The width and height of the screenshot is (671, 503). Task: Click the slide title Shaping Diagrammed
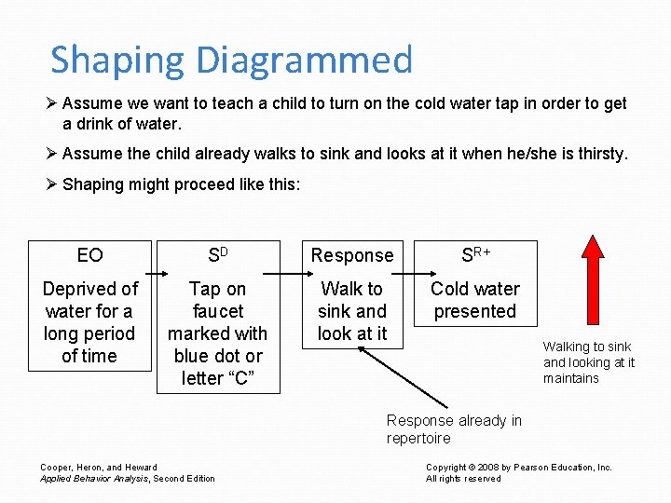click(231, 60)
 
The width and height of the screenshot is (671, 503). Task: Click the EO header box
click(89, 254)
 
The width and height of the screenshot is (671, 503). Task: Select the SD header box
click(217, 254)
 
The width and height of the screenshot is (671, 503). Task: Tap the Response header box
click(352, 254)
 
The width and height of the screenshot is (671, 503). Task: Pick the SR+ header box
click(475, 254)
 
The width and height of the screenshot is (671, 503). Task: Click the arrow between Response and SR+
click(415, 275)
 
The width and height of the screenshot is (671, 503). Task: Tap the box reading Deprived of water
click(89, 322)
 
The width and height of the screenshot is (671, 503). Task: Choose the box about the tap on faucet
click(217, 333)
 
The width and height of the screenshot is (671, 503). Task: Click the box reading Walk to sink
click(352, 311)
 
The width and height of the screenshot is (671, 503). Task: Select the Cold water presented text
click(475, 300)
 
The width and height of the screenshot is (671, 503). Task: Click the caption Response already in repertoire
click(454, 429)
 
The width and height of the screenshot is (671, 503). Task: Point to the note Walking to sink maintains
click(589, 362)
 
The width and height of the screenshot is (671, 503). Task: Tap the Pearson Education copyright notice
click(519, 472)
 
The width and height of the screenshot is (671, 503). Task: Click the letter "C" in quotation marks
click(244, 378)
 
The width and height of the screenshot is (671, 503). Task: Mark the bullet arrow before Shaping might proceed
click(52, 184)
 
